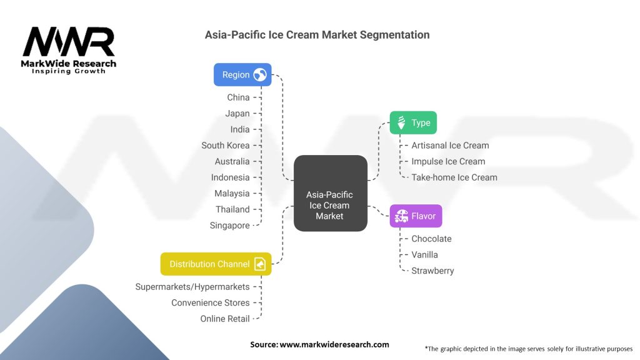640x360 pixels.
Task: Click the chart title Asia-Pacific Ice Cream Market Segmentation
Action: pyautogui.click(x=317, y=35)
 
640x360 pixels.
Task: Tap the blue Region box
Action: pyautogui.click(x=242, y=75)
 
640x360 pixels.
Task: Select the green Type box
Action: pyautogui.click(x=413, y=122)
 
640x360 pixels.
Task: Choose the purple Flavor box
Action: pyautogui.click(x=416, y=216)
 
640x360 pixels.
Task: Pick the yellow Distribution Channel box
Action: pyautogui.click(x=216, y=264)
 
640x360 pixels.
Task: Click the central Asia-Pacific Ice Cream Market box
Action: pyautogui.click(x=329, y=205)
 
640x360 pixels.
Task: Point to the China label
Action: pyautogui.click(x=238, y=97)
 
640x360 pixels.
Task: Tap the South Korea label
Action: pyautogui.click(x=225, y=145)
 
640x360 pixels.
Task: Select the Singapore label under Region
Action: pyautogui.click(x=229, y=226)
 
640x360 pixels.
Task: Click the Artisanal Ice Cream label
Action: pyautogui.click(x=450, y=145)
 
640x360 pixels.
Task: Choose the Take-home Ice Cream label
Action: pyautogui.click(x=454, y=177)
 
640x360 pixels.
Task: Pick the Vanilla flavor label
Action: pyautogui.click(x=424, y=255)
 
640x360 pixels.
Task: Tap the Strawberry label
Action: pyautogui.click(x=432, y=271)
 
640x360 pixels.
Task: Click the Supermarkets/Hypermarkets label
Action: pyautogui.click(x=192, y=287)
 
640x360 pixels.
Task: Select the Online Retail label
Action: pyautogui.click(x=224, y=319)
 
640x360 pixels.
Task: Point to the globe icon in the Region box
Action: pyautogui.click(x=260, y=75)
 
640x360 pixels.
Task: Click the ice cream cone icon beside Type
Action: pyautogui.click(x=401, y=122)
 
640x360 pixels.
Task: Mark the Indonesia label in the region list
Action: pyautogui.click(x=230, y=177)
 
